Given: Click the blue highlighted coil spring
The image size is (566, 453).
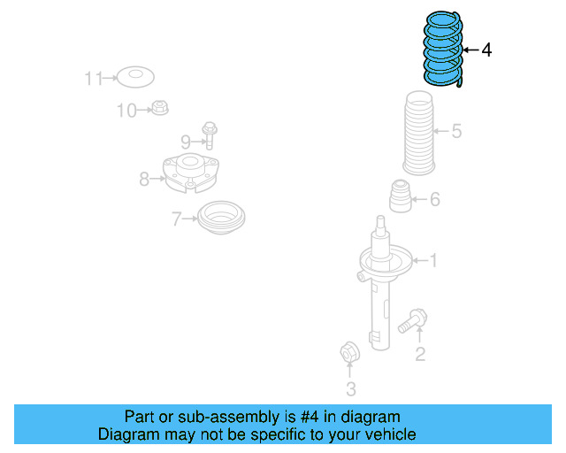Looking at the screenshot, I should pos(441,48).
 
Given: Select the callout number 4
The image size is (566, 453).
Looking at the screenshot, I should pos(486,50).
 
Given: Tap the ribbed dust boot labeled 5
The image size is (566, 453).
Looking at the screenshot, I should pos(422,134).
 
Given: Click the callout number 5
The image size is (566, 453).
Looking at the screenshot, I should pos(456,132).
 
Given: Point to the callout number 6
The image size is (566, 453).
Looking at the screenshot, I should pos(434,200).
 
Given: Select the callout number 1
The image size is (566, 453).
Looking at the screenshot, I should pos(433,260).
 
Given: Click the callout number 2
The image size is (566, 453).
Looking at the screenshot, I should pos(420,355).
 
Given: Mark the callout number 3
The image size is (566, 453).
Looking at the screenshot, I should pos(351,388).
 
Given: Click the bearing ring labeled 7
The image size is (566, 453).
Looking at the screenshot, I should pos(221,218).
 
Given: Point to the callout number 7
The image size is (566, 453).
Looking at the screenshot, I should pos(177,218).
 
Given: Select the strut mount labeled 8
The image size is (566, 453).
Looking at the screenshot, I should pos(190,173).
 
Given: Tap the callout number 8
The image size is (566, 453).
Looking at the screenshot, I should pos(144,180).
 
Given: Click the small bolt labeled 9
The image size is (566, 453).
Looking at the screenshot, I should pos(210,134).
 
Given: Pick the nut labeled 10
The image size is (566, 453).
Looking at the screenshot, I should pos(159,109).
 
